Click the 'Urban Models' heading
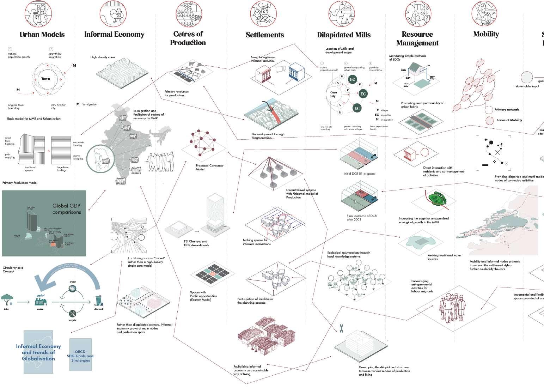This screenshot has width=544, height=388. click(x=42, y=35)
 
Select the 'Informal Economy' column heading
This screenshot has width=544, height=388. click(x=114, y=34)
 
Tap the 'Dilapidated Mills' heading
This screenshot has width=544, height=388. click(x=344, y=35)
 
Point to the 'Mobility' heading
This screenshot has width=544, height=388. click(x=486, y=34)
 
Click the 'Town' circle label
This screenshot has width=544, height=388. click(x=46, y=79)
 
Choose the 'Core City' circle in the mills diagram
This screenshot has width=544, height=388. click(x=333, y=94)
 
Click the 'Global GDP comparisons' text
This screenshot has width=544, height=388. click(x=67, y=209)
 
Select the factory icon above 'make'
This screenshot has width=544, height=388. click(x=40, y=300)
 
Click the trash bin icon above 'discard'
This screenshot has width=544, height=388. click(x=99, y=300)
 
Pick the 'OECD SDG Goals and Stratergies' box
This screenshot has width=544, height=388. click(x=80, y=355)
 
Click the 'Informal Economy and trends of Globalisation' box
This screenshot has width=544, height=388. click(x=38, y=352)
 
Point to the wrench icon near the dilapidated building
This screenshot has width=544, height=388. click(x=341, y=328)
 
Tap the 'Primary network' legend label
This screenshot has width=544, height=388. click(x=507, y=110)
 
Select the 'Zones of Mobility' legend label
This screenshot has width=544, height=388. click(x=509, y=120)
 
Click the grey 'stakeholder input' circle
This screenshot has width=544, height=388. click(x=527, y=78)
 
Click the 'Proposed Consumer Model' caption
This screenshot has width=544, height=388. click(x=209, y=167)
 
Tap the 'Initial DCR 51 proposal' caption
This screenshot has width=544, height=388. click(x=359, y=174)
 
